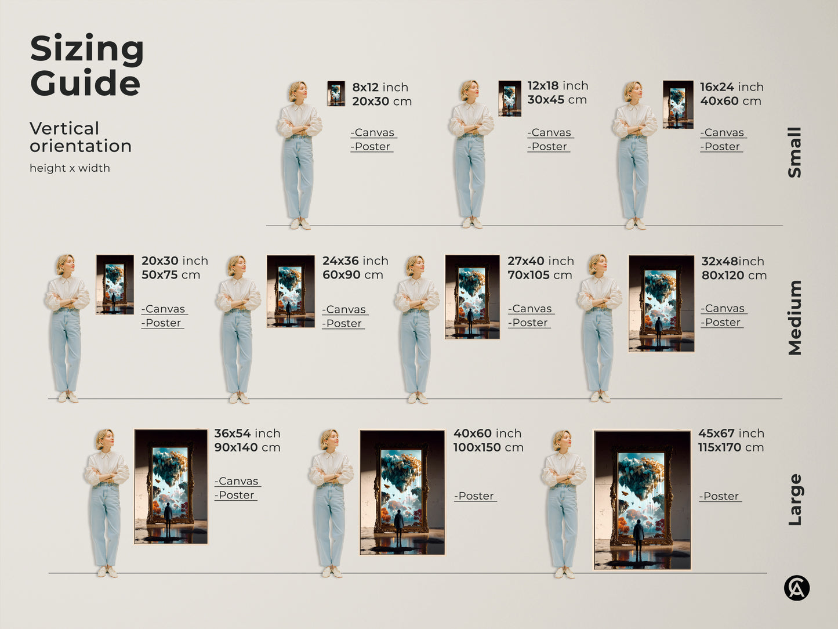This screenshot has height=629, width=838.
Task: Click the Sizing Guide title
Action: click(x=86, y=65)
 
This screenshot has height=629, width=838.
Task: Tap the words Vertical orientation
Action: click(x=81, y=137)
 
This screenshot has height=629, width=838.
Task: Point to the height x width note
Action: click(x=70, y=168)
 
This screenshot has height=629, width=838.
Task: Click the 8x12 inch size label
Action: click(x=380, y=87)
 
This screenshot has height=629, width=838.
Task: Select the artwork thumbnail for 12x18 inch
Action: click(x=509, y=99)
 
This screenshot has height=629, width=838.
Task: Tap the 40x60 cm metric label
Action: click(x=730, y=101)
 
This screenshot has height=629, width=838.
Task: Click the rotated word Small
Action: click(x=795, y=152)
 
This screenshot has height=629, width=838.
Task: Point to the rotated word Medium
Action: click(x=795, y=317)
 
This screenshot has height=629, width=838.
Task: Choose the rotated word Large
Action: click(x=795, y=500)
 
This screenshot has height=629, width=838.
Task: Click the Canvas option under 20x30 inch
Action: click(x=164, y=309)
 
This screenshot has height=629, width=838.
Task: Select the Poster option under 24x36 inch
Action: click(x=343, y=324)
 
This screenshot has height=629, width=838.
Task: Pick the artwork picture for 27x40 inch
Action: click(x=472, y=297)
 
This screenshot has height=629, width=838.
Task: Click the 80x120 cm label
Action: click(x=734, y=276)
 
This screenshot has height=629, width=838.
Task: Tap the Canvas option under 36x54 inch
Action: click(x=237, y=482)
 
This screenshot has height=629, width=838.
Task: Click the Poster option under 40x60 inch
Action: click(x=475, y=496)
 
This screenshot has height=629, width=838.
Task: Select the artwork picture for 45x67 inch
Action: click(x=642, y=500)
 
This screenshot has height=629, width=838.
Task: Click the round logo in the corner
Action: click(x=796, y=588)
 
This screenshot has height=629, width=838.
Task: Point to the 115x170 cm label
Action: click(x=731, y=447)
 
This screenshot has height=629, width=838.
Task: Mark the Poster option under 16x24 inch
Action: click(x=721, y=147)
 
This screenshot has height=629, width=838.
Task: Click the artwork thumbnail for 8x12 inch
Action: click(x=336, y=93)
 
